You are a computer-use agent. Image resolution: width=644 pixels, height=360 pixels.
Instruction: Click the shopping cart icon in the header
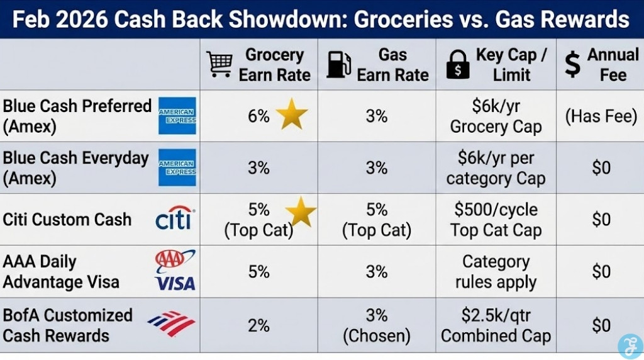219,64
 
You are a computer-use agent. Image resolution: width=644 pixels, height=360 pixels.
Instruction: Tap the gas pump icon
338,65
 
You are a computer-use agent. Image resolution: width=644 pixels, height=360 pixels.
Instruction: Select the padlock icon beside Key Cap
458,65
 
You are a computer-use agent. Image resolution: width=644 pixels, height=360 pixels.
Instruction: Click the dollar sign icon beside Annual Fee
572,64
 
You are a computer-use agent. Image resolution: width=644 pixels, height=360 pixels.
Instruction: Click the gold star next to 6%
292,115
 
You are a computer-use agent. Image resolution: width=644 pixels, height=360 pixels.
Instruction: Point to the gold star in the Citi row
301,212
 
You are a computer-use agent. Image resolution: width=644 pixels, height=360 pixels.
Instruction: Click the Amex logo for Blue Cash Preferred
177,116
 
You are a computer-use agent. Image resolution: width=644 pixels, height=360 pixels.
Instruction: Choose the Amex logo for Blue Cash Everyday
177,167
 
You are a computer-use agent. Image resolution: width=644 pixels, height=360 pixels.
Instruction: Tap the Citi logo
175,219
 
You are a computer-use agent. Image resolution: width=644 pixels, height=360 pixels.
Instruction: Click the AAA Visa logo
175,271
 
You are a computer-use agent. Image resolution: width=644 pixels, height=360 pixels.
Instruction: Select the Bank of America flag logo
172,323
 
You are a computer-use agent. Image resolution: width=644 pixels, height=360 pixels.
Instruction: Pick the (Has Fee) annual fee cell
600,116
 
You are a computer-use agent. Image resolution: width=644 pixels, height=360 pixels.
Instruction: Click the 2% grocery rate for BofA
258,325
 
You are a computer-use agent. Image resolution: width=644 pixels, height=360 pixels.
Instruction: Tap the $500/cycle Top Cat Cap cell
496,220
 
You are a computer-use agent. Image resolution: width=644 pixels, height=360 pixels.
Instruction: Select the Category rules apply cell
496,271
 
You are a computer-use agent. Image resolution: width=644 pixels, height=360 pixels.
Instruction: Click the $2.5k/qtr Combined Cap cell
496,325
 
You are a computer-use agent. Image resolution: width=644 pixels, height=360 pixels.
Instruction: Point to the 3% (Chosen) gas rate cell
377,325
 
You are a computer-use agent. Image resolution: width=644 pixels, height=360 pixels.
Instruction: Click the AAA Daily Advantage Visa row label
61,271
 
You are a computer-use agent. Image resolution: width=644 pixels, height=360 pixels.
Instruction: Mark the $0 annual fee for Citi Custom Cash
601,220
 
